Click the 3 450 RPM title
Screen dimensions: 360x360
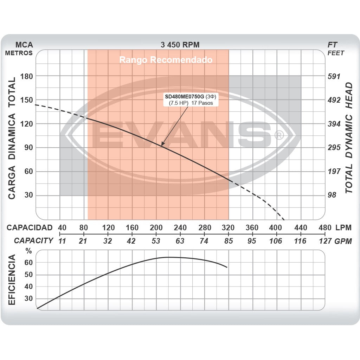pos(180,45)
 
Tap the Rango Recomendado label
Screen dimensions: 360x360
pos(166,60)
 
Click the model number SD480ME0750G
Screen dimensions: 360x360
pos(185,96)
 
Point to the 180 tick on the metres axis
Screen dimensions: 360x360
pos(26,76)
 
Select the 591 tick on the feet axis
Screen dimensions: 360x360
pos(334,76)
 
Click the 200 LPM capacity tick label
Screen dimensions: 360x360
pos(156,227)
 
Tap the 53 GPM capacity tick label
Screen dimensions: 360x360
pos(156,241)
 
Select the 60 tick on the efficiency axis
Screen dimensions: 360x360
pos(28,263)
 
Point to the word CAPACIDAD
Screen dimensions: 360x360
pos(30,227)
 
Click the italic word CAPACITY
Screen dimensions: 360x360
pos(33,241)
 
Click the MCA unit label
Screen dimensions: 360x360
pos(24,45)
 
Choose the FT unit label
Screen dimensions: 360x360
pos(332,45)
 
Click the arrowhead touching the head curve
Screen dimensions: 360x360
pos(162,144)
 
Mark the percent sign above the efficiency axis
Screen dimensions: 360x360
pos(29,251)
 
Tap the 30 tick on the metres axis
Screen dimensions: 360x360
pos(28,195)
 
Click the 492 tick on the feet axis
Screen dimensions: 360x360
pos(334,100)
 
